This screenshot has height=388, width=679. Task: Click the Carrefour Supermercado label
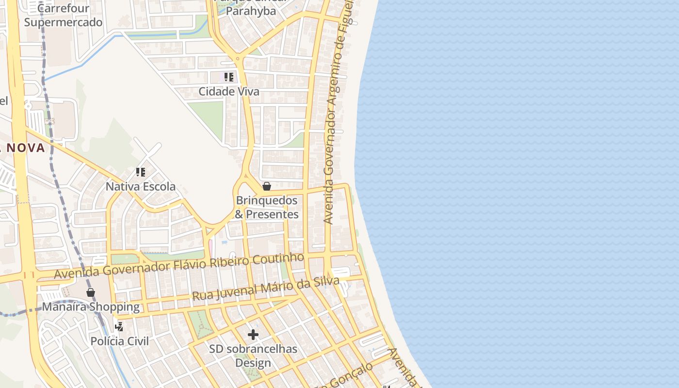[x=63, y=16]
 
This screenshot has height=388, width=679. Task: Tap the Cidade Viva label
[x=229, y=92]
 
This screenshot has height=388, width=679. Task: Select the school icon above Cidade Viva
[x=229, y=77]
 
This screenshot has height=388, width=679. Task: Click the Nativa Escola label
[x=141, y=187]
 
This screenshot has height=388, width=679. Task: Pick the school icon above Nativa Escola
[x=141, y=172]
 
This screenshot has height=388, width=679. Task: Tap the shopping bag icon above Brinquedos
[x=266, y=186]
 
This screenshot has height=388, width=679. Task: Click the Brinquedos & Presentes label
[x=267, y=207]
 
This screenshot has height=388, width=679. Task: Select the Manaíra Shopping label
[x=91, y=307]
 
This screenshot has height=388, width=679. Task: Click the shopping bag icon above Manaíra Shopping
[x=91, y=292]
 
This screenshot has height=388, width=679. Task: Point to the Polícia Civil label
[x=120, y=341]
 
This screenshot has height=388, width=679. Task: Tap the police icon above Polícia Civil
[x=119, y=327]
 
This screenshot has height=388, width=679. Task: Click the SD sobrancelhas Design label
[x=253, y=356]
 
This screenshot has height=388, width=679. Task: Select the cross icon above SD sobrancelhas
[x=253, y=335]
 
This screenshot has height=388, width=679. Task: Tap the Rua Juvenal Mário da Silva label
[x=265, y=288]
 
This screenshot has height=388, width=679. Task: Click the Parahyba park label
[x=251, y=11]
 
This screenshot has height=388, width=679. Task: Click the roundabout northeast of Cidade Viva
[x=238, y=59]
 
